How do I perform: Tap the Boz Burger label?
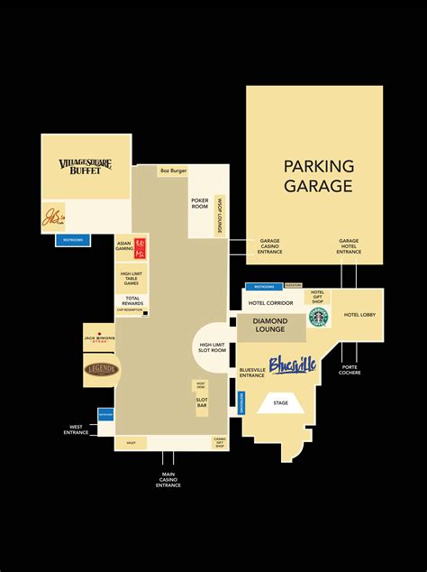173,170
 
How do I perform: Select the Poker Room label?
200,203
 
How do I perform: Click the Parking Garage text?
319,176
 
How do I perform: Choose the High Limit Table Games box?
130,278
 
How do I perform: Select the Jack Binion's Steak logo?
100,338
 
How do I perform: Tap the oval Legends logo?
101,369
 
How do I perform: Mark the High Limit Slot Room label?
213,347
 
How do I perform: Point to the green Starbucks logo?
318,317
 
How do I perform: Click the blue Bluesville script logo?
293,365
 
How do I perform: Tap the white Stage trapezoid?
281,404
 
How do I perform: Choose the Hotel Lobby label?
360,315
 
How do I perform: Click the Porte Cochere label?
350,371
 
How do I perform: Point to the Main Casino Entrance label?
168,479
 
